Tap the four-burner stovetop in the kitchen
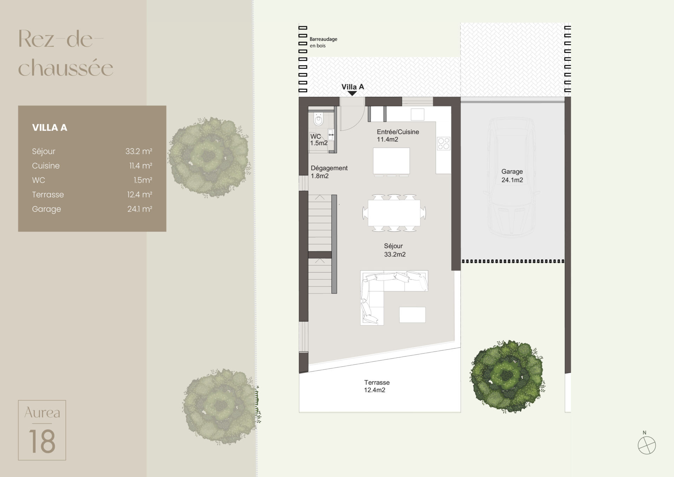pos(444,143)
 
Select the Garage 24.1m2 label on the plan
pos(512,176)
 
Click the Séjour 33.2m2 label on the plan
pos(395,250)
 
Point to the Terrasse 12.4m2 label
pos(376,386)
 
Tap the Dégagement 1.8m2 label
pos(329,172)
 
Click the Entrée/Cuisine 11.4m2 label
pos(398,136)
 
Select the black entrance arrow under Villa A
pos(352,94)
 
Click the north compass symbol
pos(647,445)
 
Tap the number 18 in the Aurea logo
pos(42,441)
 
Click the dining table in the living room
pos(394,213)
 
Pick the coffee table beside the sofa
pos(412,315)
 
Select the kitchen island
pos(391,161)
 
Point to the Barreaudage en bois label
pos(323,42)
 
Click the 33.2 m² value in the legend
pos(139,151)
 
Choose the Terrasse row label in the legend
pos(48,194)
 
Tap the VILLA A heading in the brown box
pos(49,128)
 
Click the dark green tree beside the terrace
pos(507,376)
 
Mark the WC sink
pos(331,135)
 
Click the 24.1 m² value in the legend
pos(139,209)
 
